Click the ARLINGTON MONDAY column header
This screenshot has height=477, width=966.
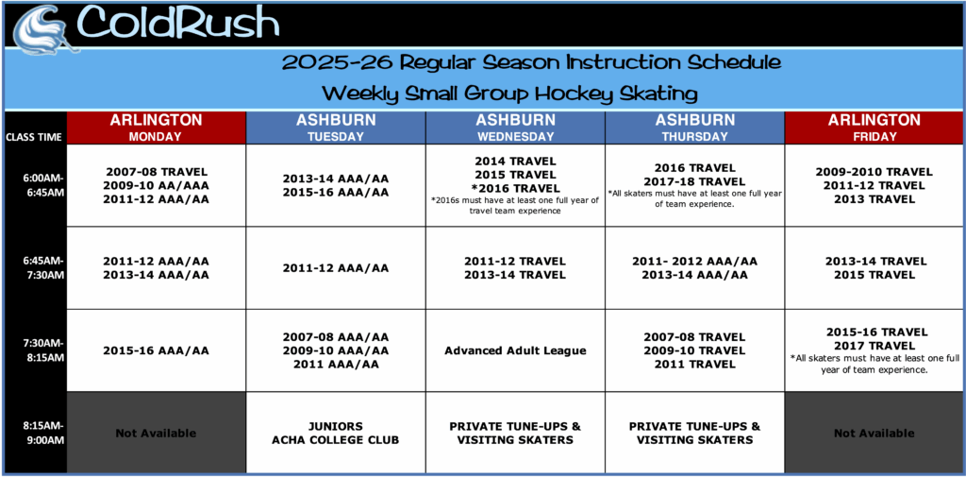(156, 128)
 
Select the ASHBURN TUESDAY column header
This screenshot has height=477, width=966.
(336, 128)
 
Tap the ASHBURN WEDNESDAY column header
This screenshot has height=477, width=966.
(515, 128)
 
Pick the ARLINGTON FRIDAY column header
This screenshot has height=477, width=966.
(874, 128)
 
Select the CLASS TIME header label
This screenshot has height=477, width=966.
(33, 137)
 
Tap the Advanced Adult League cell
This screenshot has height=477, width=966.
(515, 350)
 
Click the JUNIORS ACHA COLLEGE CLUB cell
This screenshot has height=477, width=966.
(336, 434)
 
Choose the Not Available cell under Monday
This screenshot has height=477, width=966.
(156, 434)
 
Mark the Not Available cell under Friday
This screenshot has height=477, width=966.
(874, 434)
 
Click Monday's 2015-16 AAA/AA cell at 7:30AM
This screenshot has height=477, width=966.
(156, 350)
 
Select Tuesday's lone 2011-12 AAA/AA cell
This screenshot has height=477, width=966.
(336, 268)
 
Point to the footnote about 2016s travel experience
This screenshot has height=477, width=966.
(515, 205)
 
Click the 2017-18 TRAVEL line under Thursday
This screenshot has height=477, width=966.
(694, 181)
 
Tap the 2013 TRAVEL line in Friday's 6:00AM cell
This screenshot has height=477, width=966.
(874, 198)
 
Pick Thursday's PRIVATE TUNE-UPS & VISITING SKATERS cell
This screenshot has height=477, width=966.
(694, 434)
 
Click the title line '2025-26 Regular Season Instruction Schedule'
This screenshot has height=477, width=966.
(532, 62)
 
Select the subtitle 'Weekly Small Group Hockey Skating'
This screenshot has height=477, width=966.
(510, 94)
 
